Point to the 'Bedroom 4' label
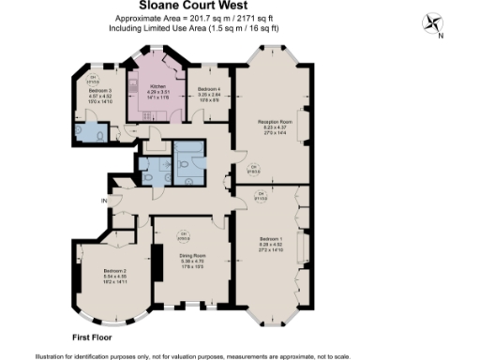tap(208, 85)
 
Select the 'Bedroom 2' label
tap(101, 271)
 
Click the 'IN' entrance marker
tap(106, 200)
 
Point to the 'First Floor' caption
tap(93, 336)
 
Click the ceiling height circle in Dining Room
tap(185, 233)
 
